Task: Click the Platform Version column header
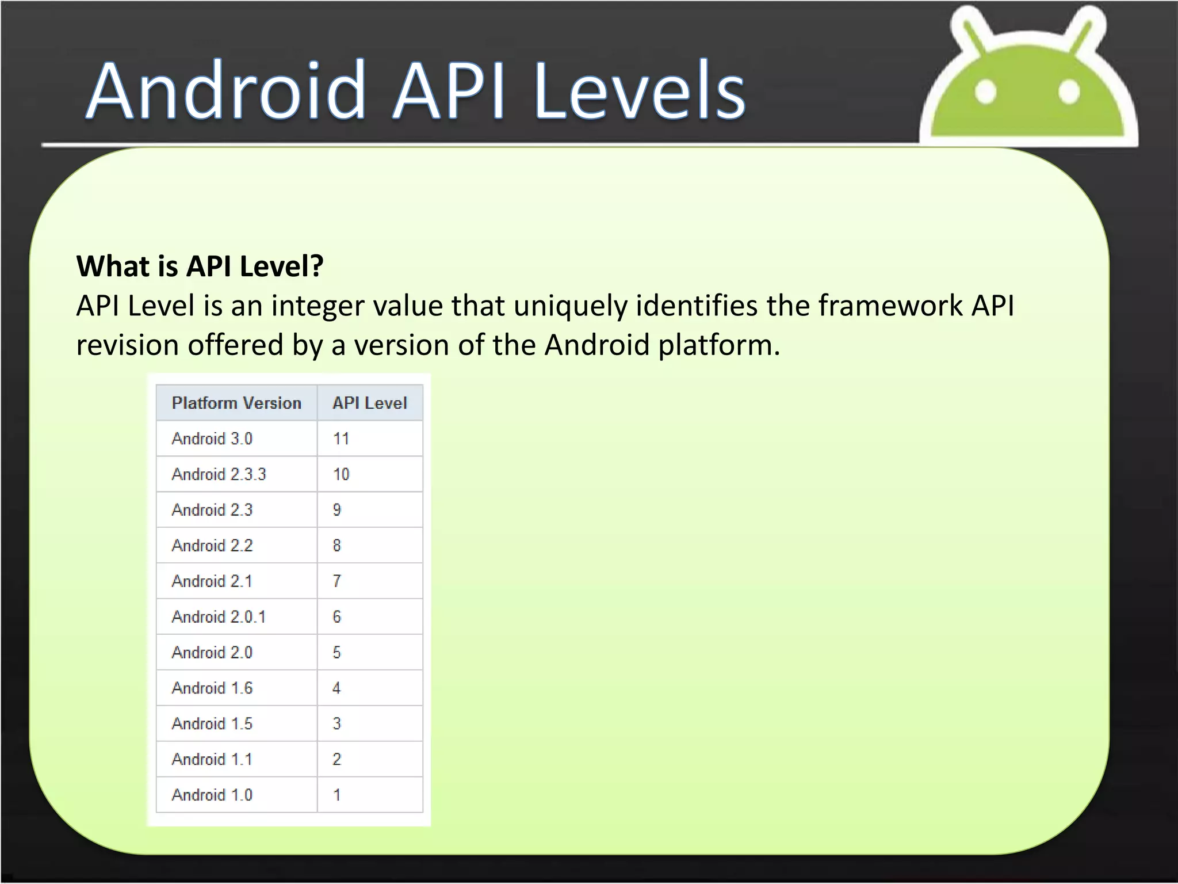(x=236, y=403)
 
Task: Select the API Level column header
(x=369, y=403)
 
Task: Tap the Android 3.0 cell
(x=212, y=439)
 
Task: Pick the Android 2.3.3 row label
(x=219, y=474)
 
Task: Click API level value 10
(x=341, y=474)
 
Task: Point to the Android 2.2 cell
(x=212, y=546)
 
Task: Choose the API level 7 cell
(x=337, y=581)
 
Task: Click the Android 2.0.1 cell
(x=219, y=617)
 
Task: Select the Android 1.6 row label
(x=212, y=688)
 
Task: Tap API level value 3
(x=337, y=724)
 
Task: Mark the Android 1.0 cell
(x=212, y=795)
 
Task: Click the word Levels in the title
(x=640, y=92)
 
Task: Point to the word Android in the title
(x=227, y=92)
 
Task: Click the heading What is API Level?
(x=200, y=266)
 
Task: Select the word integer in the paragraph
(x=318, y=306)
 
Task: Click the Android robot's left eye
(x=986, y=92)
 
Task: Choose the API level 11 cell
(x=341, y=439)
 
